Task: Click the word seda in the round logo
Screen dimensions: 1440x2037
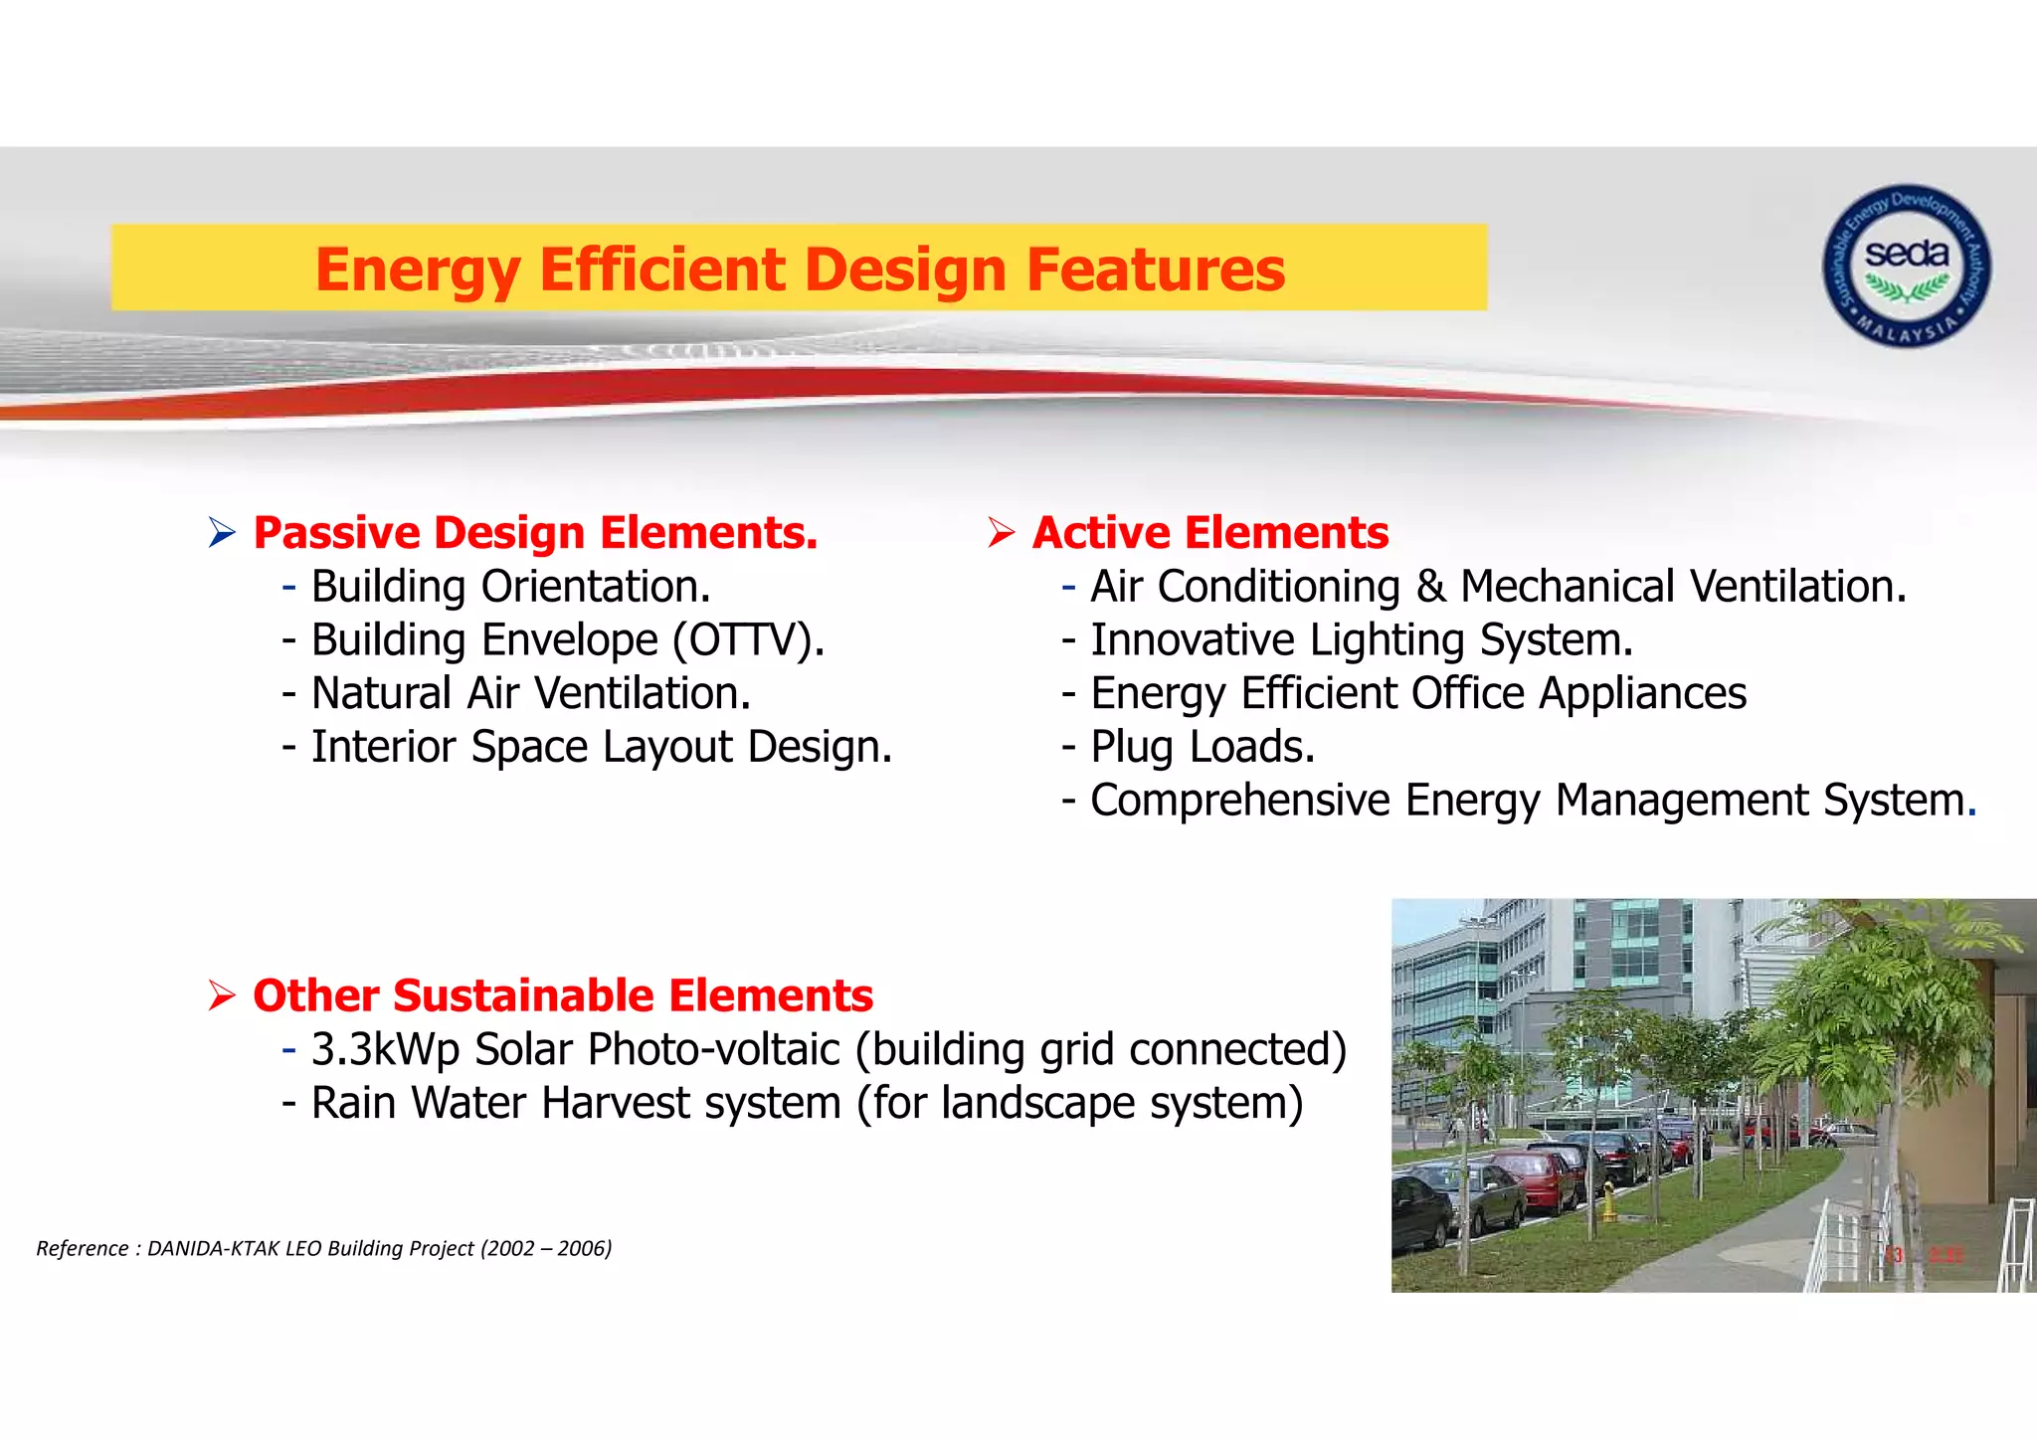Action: pos(1906,255)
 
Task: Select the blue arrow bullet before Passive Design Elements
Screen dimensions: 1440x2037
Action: pos(222,534)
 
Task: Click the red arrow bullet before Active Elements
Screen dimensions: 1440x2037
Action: pos(1001,534)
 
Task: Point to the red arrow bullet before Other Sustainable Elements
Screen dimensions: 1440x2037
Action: pos(222,995)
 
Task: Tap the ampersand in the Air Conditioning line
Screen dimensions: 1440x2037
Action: pos(1430,587)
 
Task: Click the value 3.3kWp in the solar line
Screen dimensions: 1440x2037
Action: pos(384,1050)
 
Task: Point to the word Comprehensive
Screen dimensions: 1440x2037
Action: pos(1239,802)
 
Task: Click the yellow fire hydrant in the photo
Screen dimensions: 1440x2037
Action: pos(1608,1200)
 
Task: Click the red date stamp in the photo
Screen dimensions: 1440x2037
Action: pos(1926,1255)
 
